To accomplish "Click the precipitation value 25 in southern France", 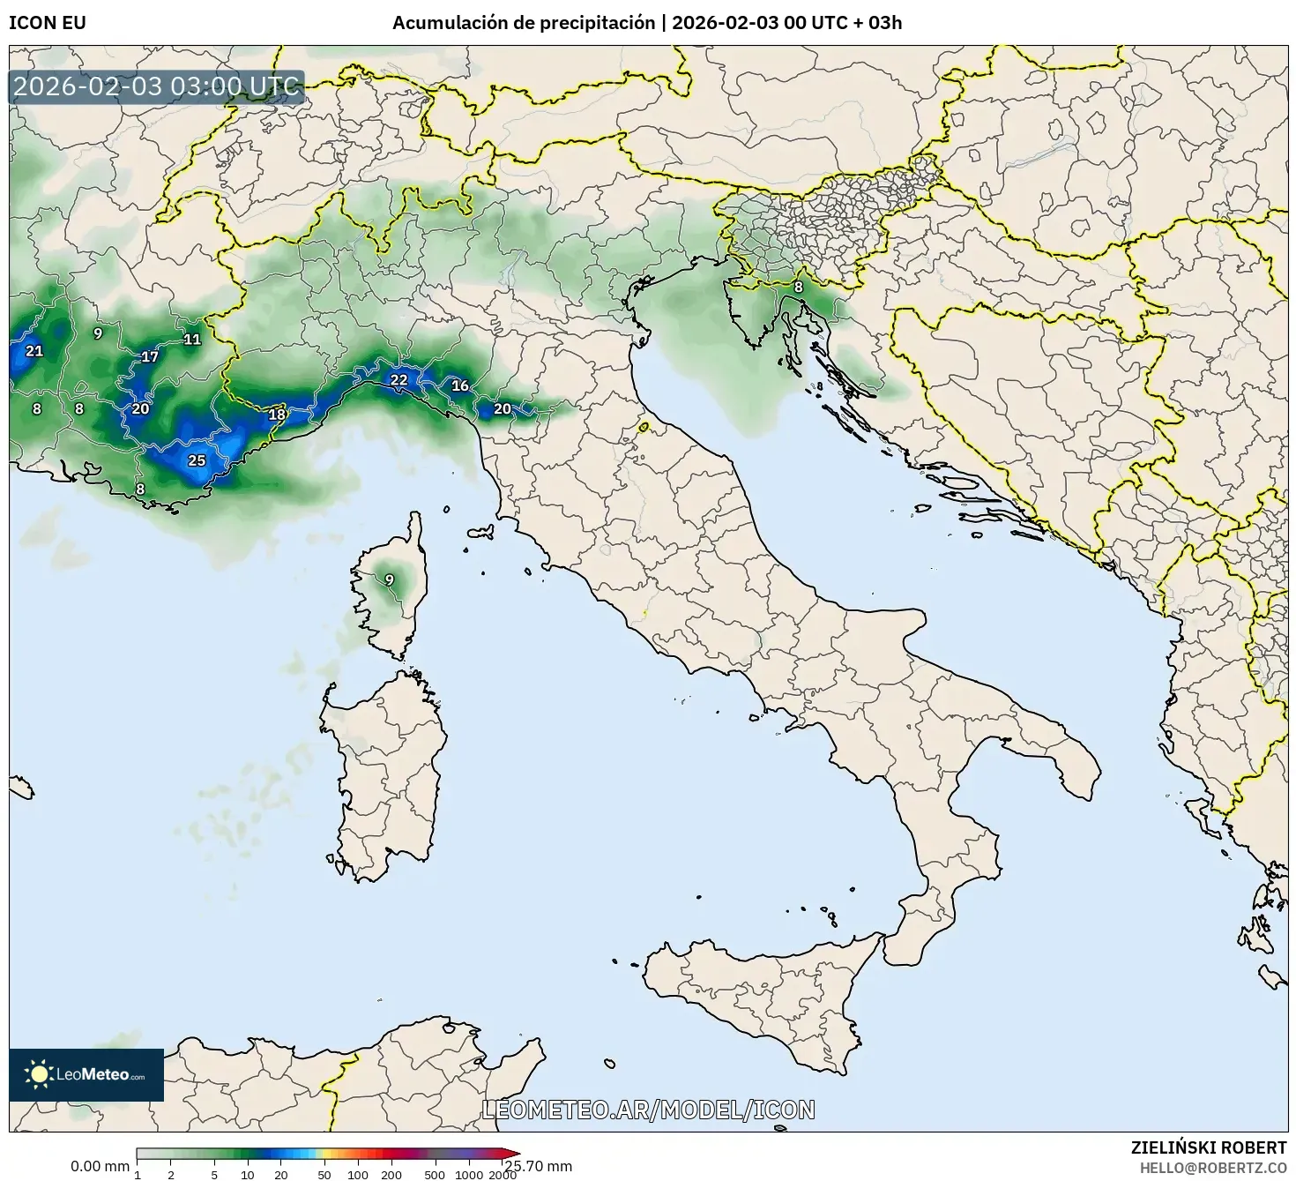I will [197, 460].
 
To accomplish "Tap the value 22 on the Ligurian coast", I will [398, 380].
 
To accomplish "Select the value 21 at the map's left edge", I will [34, 351].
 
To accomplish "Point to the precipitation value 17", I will [150, 357].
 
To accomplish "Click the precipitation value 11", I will [191, 340].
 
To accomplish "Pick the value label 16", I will [459, 385].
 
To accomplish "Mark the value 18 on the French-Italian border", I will [277, 415].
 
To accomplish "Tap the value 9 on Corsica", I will [389, 579].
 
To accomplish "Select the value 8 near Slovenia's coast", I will [798, 287].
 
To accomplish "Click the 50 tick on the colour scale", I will [324, 1174].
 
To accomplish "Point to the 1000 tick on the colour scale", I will [469, 1174].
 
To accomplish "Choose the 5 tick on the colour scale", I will [214, 1174].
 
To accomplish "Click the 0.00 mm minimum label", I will [100, 1166].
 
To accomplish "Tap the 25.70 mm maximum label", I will [538, 1166].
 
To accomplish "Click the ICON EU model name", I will [48, 23].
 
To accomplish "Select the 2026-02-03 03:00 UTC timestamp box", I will [157, 87].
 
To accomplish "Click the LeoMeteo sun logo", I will [39, 1073].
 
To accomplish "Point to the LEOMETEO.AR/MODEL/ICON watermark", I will [648, 1110].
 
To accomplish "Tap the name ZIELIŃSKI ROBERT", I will [1208, 1147].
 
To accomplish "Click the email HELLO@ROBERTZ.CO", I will [1214, 1167].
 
